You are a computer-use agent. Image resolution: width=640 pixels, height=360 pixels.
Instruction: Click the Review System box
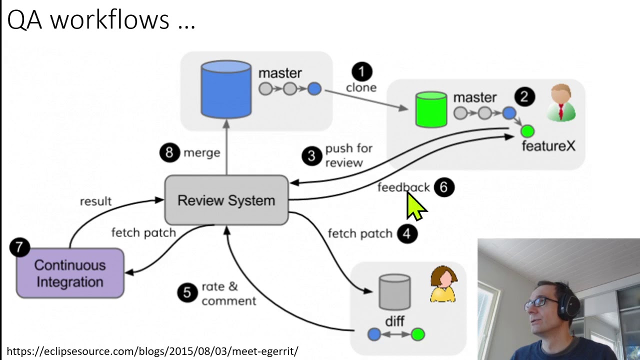(x=226, y=200)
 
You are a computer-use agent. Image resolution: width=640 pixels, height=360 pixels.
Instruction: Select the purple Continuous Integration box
(x=70, y=273)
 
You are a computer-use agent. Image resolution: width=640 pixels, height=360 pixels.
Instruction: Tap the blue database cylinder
(x=226, y=88)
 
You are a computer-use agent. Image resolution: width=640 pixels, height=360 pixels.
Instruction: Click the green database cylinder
(x=431, y=109)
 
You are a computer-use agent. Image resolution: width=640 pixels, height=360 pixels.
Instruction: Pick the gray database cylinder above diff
(x=394, y=291)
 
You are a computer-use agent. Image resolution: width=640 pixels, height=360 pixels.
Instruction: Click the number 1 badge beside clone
(x=361, y=71)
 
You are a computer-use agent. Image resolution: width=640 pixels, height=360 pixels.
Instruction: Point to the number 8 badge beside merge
(x=169, y=152)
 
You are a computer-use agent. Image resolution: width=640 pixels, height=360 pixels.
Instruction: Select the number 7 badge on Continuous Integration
(x=19, y=247)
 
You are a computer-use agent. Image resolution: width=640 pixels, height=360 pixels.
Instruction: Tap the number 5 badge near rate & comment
(x=187, y=292)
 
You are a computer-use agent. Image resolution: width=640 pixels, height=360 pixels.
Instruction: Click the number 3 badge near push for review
(x=311, y=156)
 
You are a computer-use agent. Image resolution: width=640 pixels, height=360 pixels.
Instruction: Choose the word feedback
(x=403, y=187)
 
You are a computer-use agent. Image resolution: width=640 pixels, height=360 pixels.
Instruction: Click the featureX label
(x=548, y=146)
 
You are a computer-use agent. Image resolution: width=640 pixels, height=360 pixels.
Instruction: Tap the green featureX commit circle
(x=527, y=131)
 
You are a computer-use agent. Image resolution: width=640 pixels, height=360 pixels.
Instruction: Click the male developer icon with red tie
(x=561, y=103)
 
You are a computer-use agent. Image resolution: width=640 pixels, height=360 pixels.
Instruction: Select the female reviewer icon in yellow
(x=443, y=285)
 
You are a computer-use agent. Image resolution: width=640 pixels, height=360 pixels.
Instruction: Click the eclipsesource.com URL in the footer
(x=152, y=351)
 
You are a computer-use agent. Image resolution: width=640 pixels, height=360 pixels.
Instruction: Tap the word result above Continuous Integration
(x=95, y=201)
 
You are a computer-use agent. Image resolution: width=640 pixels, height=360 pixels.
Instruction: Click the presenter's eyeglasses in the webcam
(x=540, y=302)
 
